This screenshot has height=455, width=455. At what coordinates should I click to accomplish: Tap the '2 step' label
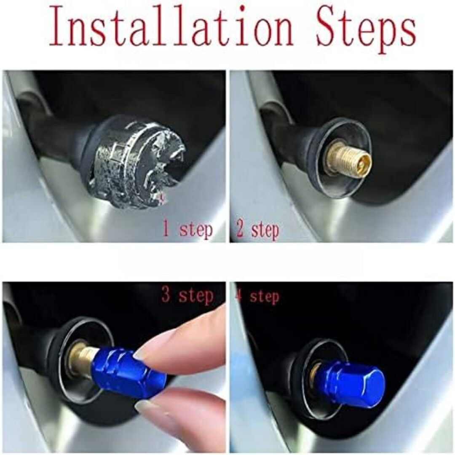pos(258,230)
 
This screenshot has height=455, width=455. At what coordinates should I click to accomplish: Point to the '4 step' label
pos(258,297)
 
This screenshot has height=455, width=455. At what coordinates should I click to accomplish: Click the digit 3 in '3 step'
pos(166,295)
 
